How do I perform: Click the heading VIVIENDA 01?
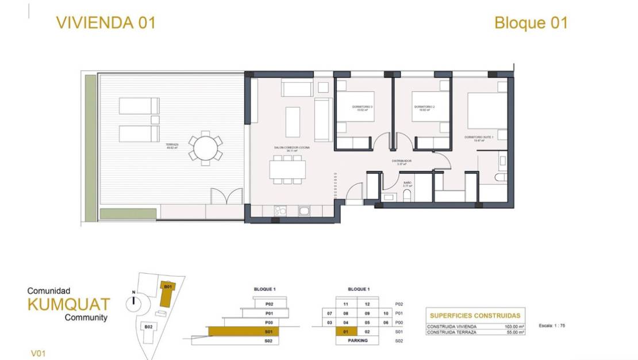point(105,23)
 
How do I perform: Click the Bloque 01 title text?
point(531,23)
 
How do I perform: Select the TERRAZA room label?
point(172,145)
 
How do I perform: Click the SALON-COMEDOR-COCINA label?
point(292,148)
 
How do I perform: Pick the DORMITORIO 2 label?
point(424,108)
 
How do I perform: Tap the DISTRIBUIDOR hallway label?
point(402,162)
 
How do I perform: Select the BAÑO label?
point(406,183)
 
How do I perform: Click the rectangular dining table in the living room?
point(287,169)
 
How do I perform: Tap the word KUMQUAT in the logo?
point(68,304)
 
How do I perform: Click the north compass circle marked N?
point(134,300)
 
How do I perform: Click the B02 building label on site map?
point(148,327)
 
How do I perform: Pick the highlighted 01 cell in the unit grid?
point(346,332)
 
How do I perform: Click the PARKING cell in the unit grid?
point(357,340)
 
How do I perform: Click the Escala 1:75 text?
point(552,325)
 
